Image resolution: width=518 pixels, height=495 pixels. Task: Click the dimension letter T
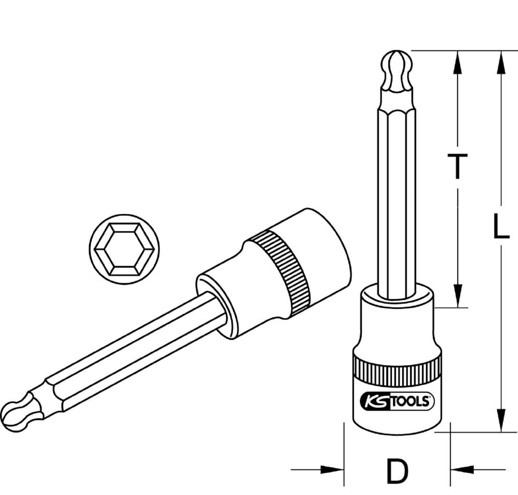click(457, 167)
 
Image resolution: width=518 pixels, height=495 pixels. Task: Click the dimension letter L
click(500, 227)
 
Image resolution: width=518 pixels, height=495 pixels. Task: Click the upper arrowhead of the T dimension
click(457, 62)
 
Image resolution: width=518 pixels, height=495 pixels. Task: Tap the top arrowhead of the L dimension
click(500, 62)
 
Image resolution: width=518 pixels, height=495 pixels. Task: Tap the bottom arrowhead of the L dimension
click(500, 419)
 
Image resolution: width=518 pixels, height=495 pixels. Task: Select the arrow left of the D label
click(332, 470)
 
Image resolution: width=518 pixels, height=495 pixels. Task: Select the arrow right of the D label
click(462, 470)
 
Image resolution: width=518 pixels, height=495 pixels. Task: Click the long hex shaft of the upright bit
click(397, 197)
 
